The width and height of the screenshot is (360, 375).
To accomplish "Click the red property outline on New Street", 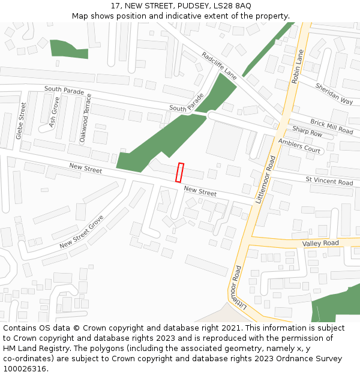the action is coord(179,172).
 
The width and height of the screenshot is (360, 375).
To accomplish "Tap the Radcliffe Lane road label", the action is coord(219,66).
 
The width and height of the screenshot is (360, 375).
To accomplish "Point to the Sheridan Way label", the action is coord(334,94).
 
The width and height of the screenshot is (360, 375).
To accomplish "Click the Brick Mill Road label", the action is coord(331,126).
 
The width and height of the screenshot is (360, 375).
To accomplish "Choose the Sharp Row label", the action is coord(307,133).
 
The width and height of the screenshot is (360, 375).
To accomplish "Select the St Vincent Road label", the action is coord(329,181).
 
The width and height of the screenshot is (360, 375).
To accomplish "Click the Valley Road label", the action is coord(320,243).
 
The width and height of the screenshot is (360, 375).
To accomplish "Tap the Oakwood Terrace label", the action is coord(85,117).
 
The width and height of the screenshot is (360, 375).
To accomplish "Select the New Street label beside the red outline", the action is coord(200,192).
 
